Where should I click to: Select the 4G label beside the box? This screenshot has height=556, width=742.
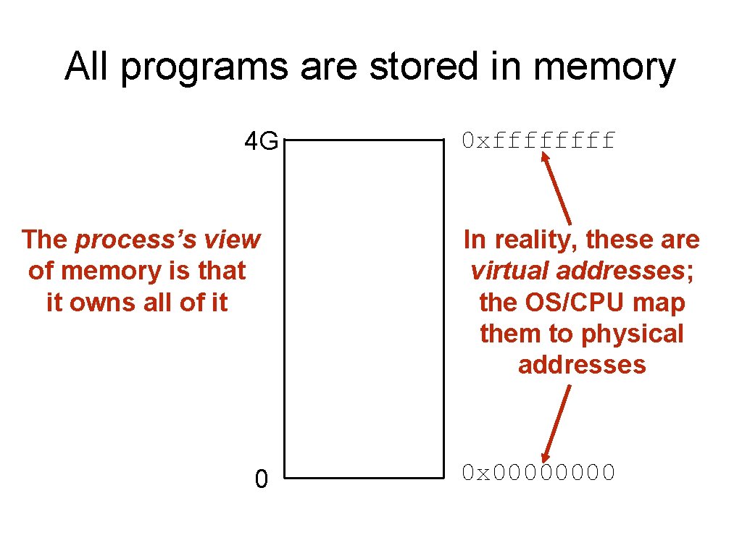pyautogui.click(x=261, y=141)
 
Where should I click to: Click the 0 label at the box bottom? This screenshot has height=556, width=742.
pyautogui.click(x=262, y=479)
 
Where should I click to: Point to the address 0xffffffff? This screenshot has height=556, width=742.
pyautogui.click(x=539, y=140)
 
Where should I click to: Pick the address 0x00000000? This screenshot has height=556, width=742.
pyautogui.click(x=539, y=473)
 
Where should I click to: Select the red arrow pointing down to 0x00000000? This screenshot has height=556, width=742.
pyautogui.click(x=556, y=423)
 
